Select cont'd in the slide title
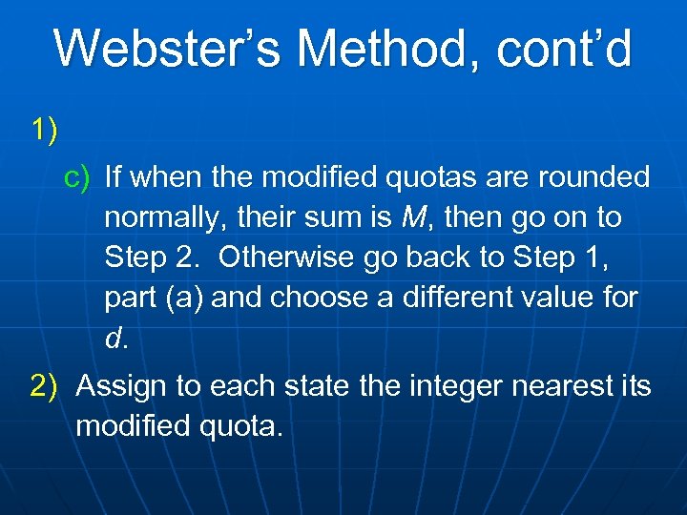(567, 50)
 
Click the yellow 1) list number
(44, 129)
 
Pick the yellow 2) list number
(48, 386)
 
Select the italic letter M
(413, 217)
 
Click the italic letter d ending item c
(114, 339)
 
